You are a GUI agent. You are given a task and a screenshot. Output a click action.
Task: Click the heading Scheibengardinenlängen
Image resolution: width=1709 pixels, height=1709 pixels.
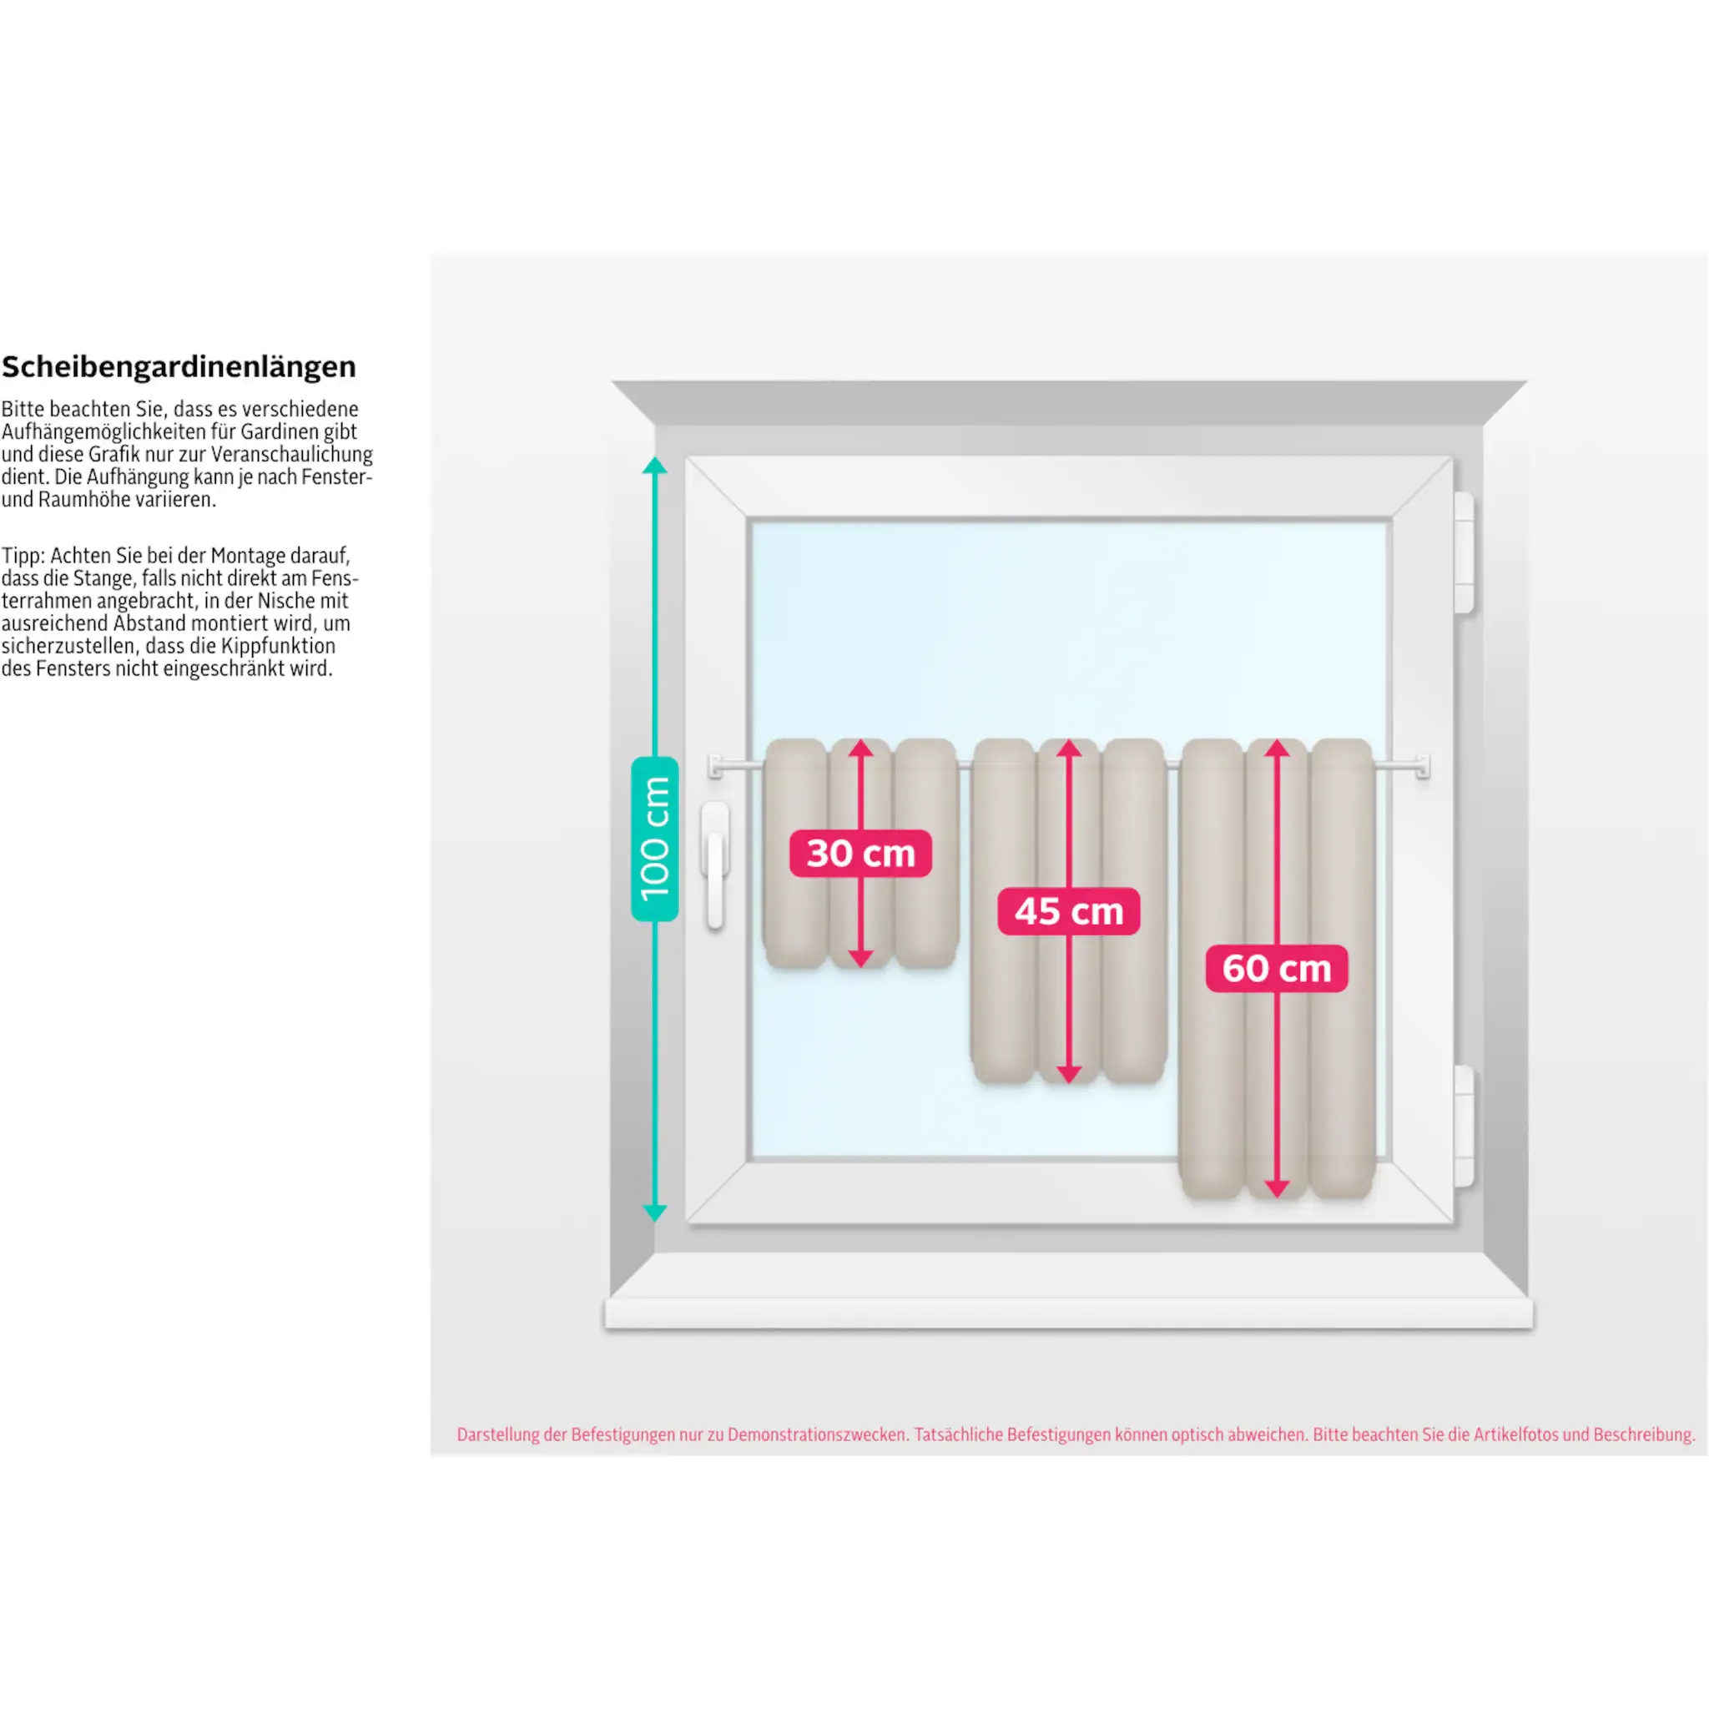pos(179,367)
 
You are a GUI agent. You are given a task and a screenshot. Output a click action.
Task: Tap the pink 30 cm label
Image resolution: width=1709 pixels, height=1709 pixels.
pos(860,854)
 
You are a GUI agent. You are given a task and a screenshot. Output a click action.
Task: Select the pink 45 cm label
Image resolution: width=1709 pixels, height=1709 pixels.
pos(1069,911)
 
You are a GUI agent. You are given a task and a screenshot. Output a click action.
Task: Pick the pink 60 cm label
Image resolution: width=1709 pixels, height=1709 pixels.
pos(1277,968)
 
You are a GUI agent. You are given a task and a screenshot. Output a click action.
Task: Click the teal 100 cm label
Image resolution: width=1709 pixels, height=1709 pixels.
pos(654,839)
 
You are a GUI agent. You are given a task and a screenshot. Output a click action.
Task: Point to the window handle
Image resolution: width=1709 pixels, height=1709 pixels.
pos(716,865)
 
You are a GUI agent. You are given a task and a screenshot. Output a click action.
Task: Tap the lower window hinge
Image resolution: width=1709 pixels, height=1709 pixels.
pos(1464,1126)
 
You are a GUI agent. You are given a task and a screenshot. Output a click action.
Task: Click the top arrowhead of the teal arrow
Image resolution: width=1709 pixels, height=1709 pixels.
pos(654,466)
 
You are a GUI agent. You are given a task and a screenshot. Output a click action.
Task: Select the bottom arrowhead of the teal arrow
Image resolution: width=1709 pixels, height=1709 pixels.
pos(654,1212)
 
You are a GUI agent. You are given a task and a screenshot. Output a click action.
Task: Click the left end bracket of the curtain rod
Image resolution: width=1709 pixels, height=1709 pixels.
pos(716,767)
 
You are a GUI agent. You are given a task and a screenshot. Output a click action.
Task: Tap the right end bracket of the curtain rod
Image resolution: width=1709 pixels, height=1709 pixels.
pos(1423,767)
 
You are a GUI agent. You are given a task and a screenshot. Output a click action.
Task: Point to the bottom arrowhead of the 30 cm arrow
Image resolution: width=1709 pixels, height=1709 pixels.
pos(860,959)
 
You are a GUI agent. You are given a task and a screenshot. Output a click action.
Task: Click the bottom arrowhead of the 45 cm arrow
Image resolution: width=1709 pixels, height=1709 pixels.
pos(1069,1075)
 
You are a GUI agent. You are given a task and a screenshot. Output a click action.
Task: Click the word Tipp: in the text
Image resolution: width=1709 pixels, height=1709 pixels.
pos(23,557)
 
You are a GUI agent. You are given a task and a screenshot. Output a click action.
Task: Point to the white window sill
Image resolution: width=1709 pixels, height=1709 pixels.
pos(1069,1313)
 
